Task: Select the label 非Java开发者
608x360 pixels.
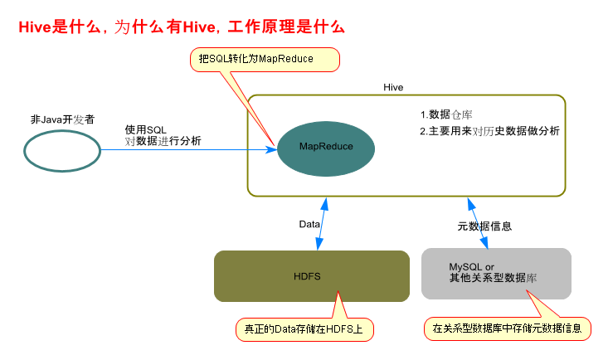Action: (x=62, y=119)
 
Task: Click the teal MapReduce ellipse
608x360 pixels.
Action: (x=326, y=146)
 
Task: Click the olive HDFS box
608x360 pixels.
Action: (x=312, y=275)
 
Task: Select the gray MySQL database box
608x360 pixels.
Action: (x=496, y=273)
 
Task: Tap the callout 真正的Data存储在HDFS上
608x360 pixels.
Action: (x=304, y=329)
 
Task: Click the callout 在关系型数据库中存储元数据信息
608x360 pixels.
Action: (x=508, y=329)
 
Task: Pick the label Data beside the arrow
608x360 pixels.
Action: (x=309, y=225)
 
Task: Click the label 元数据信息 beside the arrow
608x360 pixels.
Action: (x=484, y=226)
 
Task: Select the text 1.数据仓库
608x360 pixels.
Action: (x=446, y=114)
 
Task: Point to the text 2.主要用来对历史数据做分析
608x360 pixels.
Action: (x=489, y=131)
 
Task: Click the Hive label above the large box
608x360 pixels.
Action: (x=393, y=86)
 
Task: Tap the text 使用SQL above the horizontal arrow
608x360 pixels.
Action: (x=146, y=130)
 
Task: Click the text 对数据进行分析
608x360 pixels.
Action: (x=163, y=141)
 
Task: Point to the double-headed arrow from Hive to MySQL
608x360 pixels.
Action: (x=477, y=222)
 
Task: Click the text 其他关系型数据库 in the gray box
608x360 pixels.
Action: (x=493, y=279)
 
